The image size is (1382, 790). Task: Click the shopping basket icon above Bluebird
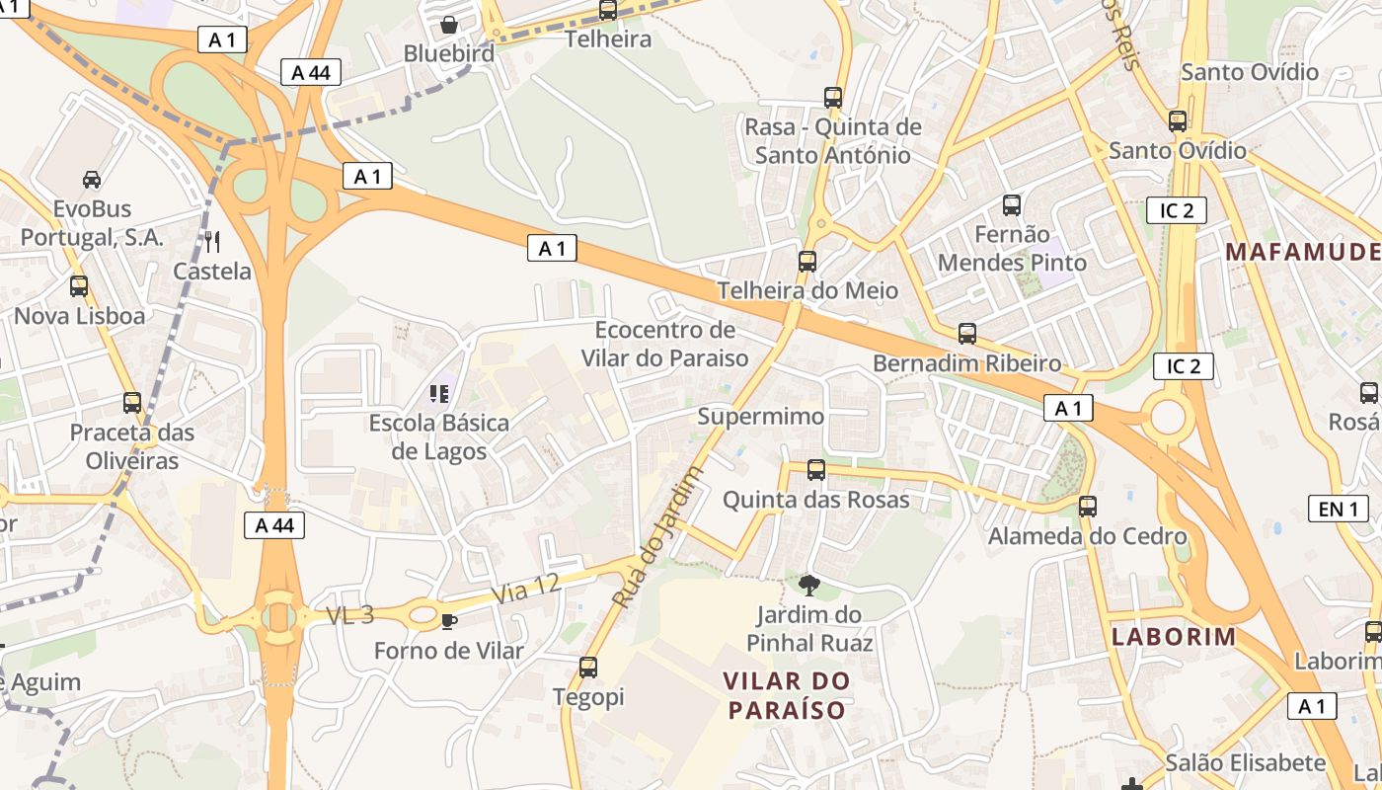pyautogui.click(x=449, y=24)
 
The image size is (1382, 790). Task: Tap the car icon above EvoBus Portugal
pyautogui.click(x=92, y=180)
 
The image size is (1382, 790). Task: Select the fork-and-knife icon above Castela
pyautogui.click(x=212, y=241)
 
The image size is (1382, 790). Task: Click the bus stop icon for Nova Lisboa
pyautogui.click(x=79, y=286)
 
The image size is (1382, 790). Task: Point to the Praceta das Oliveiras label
pyautogui.click(x=132, y=446)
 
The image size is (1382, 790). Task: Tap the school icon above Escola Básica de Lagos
pyautogui.click(x=439, y=394)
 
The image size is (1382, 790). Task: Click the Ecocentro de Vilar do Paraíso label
pyautogui.click(x=664, y=344)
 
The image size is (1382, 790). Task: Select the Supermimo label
pyautogui.click(x=760, y=416)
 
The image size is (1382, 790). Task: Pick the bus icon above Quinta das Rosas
pyautogui.click(x=816, y=470)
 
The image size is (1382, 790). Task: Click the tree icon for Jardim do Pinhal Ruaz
pyautogui.click(x=809, y=585)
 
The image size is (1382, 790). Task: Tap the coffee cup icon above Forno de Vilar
pyautogui.click(x=449, y=621)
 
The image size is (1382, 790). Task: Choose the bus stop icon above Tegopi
pyautogui.click(x=588, y=668)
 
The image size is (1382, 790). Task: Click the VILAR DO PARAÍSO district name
pyautogui.click(x=786, y=695)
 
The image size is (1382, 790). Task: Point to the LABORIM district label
pyautogui.click(x=1174, y=636)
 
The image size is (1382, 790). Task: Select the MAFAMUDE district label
pyautogui.click(x=1301, y=251)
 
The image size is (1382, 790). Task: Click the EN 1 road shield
pyautogui.click(x=1338, y=509)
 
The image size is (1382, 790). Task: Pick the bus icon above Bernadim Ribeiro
pyautogui.click(x=967, y=334)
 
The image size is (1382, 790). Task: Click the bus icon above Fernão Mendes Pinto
pyautogui.click(x=1012, y=205)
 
